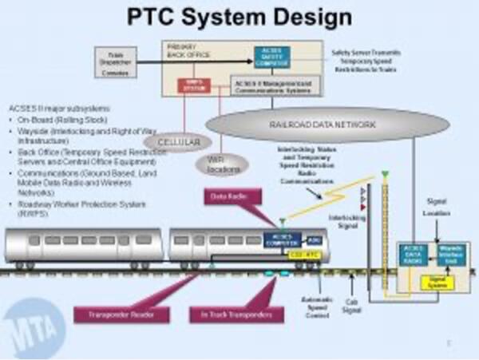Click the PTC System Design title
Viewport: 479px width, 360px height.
point(239,17)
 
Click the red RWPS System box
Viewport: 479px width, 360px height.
point(194,84)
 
